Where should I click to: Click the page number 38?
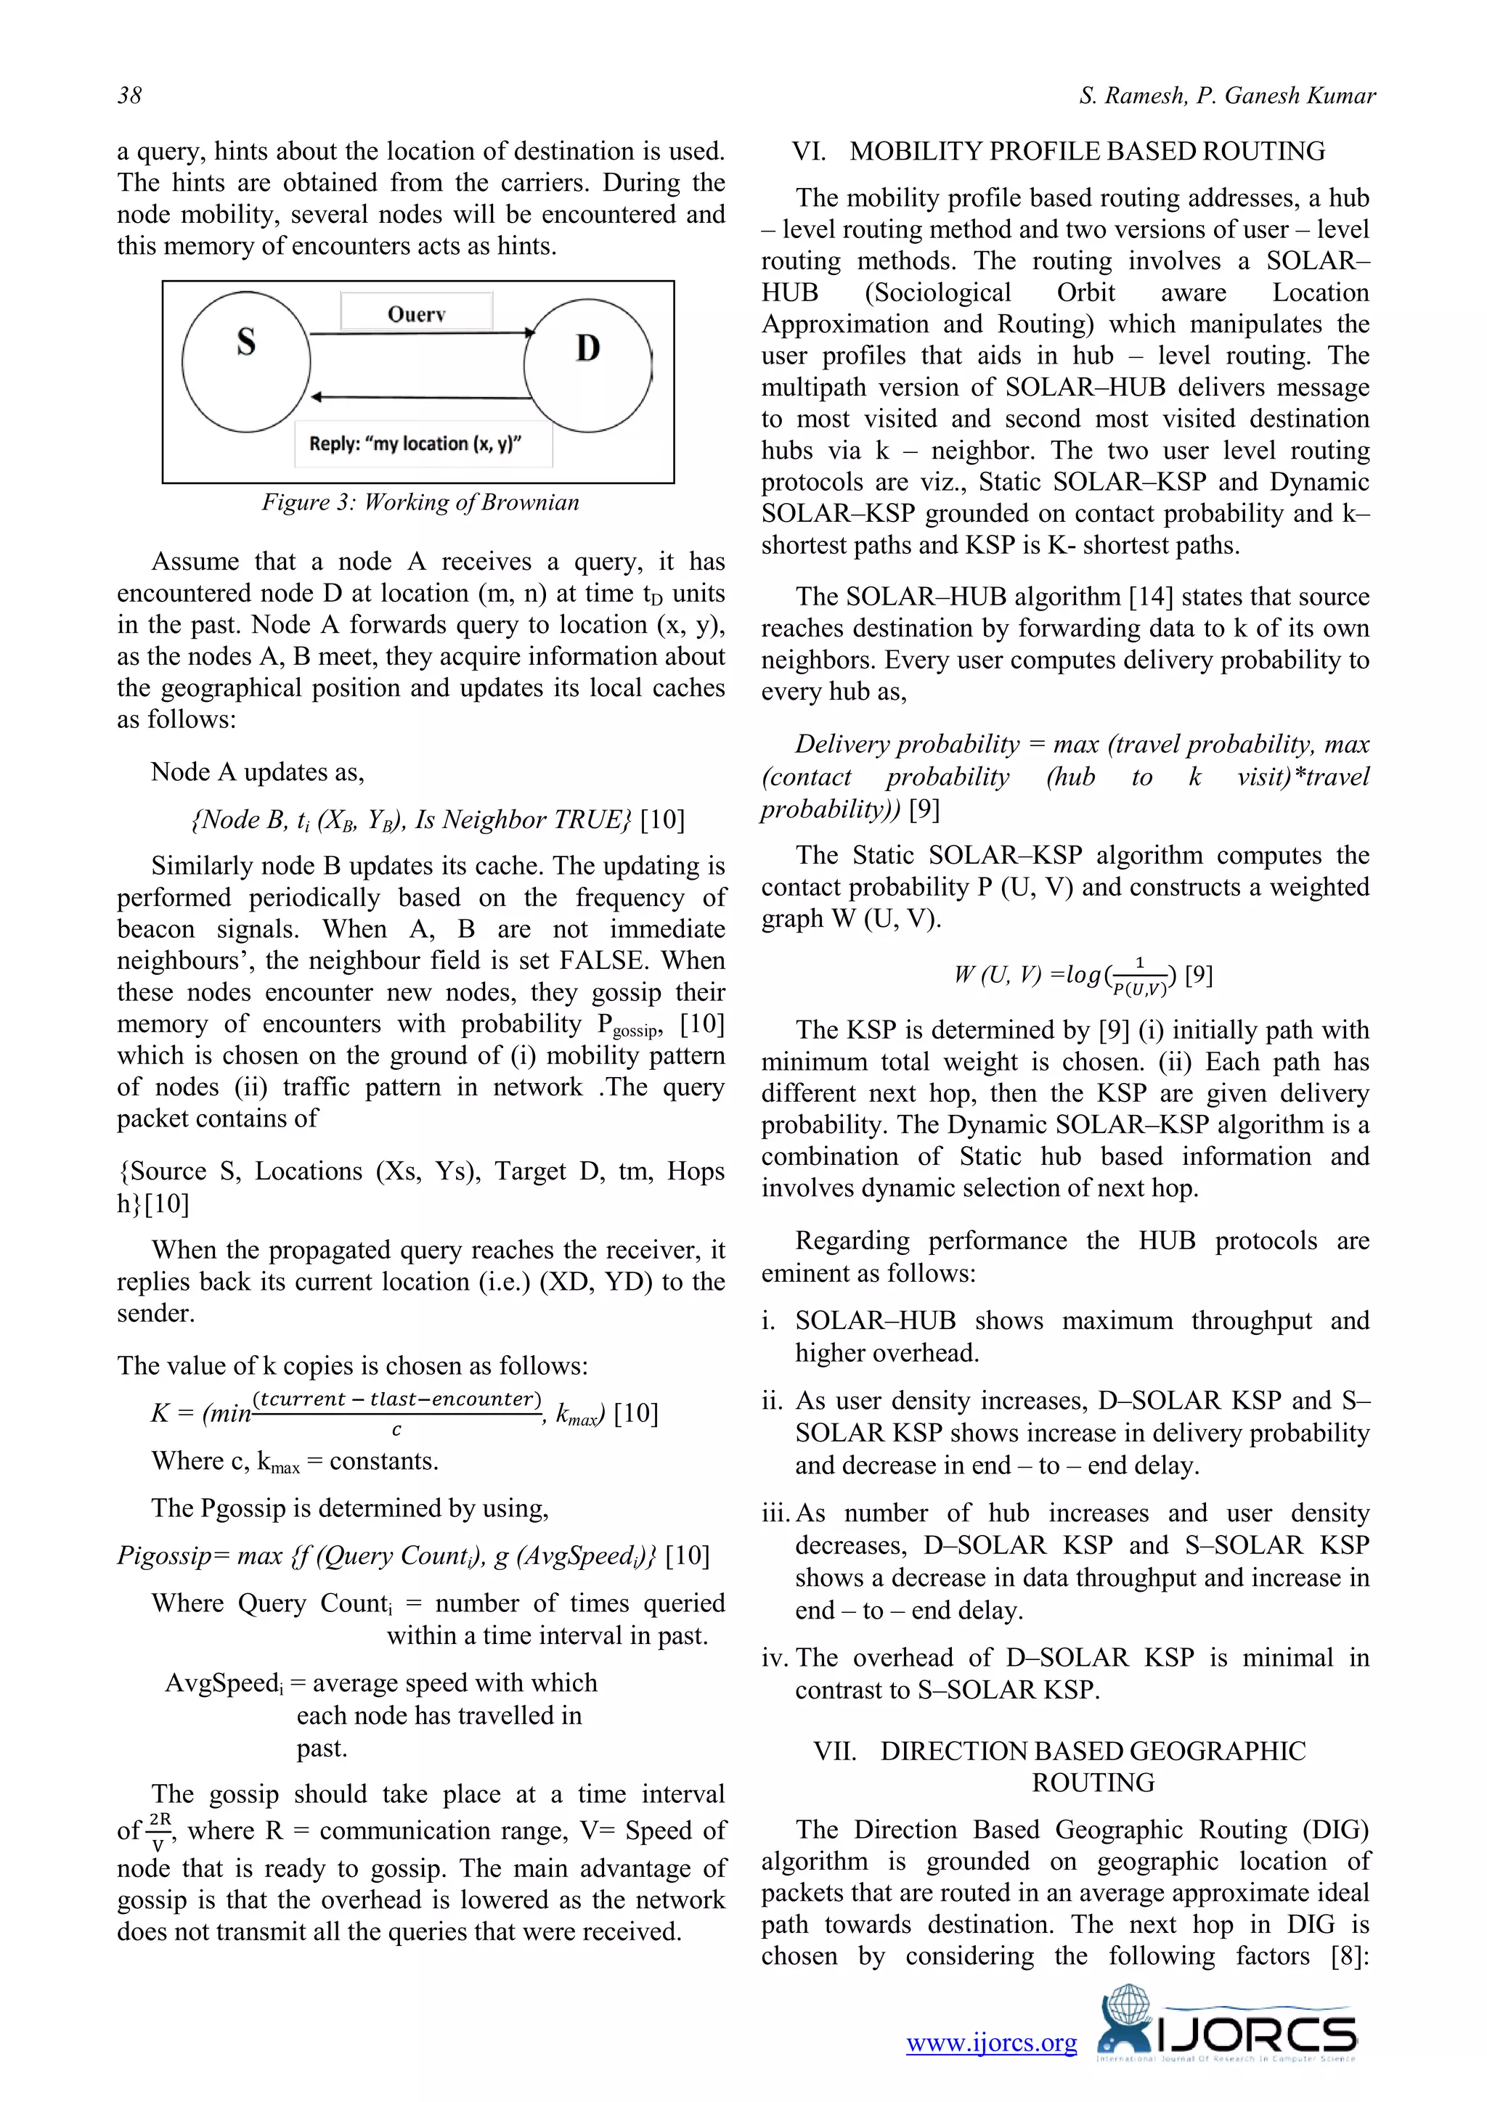pyautogui.click(x=129, y=95)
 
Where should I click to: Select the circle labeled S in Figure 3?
pyautogui.click(x=245, y=361)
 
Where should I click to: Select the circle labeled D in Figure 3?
pyautogui.click(x=588, y=365)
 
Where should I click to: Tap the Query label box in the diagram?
pyautogui.click(x=417, y=312)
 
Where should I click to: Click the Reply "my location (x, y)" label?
pyautogui.click(x=416, y=444)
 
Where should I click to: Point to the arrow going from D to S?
pyautogui.click(x=421, y=397)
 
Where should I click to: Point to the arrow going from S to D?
pyautogui.click(x=421, y=333)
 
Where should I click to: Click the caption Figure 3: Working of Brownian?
pyautogui.click(x=420, y=502)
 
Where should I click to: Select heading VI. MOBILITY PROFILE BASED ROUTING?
pyautogui.click(x=1059, y=151)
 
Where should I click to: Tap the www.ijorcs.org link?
pyautogui.click(x=992, y=2042)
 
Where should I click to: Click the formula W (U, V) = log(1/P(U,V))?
pyautogui.click(x=1083, y=975)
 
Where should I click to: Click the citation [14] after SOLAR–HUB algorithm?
pyautogui.click(x=1151, y=597)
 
